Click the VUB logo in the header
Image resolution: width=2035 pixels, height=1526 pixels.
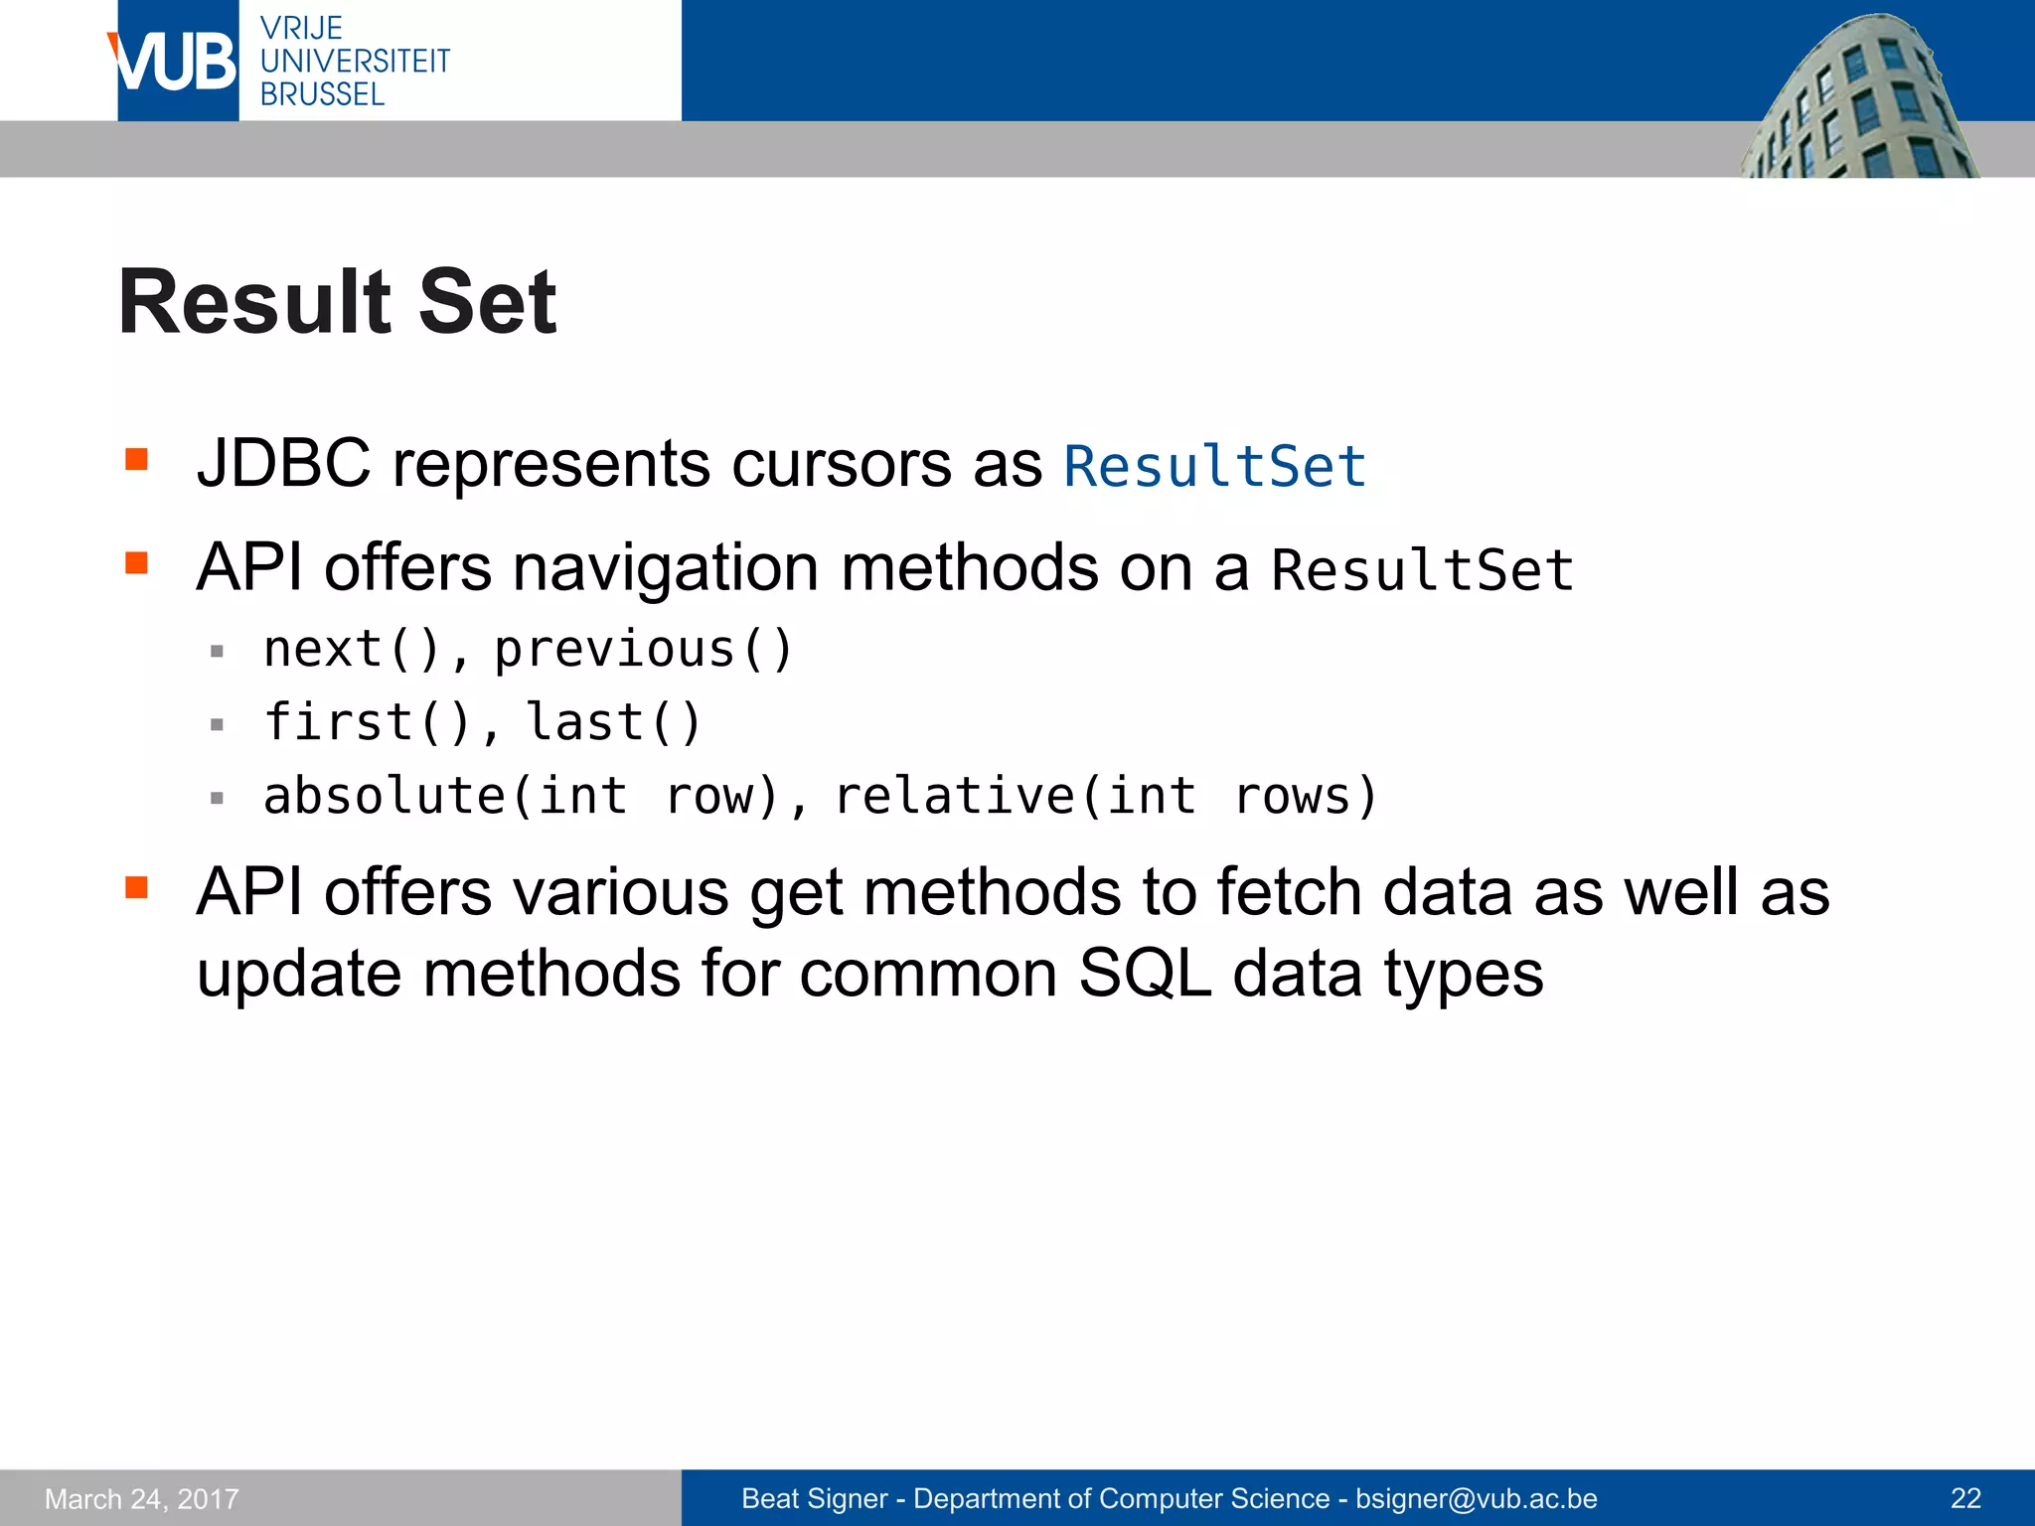[x=177, y=62]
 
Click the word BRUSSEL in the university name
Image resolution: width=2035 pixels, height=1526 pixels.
[x=322, y=95]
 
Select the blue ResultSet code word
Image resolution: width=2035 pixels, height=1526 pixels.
[x=1214, y=467]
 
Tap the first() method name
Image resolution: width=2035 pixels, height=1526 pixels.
[x=368, y=722]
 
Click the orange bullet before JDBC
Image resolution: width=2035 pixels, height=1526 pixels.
[x=136, y=459]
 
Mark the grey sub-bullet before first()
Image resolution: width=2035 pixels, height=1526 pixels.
[x=217, y=725]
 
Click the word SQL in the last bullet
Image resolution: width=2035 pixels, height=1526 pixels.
[x=1144, y=974]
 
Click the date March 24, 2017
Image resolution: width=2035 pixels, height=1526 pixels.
[x=142, y=1498]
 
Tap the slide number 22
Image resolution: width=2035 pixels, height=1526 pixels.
[x=1965, y=1498]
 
